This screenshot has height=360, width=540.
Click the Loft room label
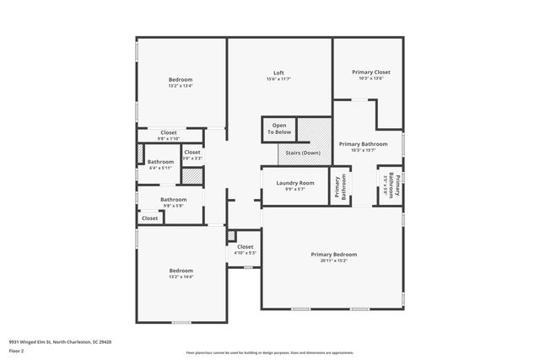click(278, 73)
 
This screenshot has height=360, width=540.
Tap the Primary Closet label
click(371, 73)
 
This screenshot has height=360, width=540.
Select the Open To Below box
click(279, 129)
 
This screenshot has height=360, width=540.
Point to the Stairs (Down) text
click(299, 153)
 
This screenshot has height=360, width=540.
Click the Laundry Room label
click(294, 183)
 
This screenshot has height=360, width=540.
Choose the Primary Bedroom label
click(333, 254)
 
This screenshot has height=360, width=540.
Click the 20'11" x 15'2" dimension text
click(333, 261)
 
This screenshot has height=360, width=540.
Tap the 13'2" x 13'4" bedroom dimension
click(181, 85)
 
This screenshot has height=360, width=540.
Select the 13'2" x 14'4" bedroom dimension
click(181, 277)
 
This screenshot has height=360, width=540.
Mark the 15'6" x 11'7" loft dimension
click(278, 79)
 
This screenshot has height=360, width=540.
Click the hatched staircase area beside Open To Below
click(318, 131)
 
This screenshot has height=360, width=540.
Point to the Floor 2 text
click(16, 351)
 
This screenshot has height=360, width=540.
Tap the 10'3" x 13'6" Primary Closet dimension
click(371, 79)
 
